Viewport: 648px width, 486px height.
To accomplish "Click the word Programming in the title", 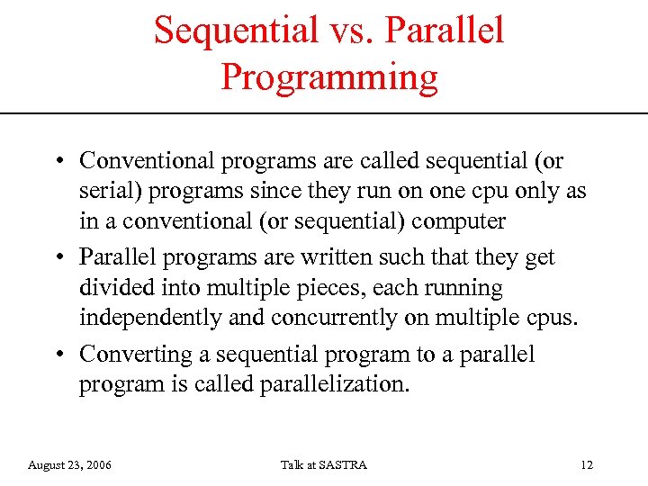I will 329,77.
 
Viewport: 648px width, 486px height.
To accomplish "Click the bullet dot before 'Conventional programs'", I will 57,162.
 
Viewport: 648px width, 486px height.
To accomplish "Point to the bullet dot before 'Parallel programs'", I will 57,258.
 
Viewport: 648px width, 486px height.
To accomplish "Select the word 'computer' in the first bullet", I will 460,221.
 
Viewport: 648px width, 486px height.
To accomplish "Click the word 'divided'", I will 112,289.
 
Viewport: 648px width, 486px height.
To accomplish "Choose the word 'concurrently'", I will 328,319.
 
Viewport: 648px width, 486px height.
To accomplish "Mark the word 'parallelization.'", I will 335,385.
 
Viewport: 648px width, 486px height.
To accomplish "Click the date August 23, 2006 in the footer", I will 70,465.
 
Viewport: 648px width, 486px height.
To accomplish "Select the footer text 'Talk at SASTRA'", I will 324,465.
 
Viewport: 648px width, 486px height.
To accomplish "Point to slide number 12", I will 587,465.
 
